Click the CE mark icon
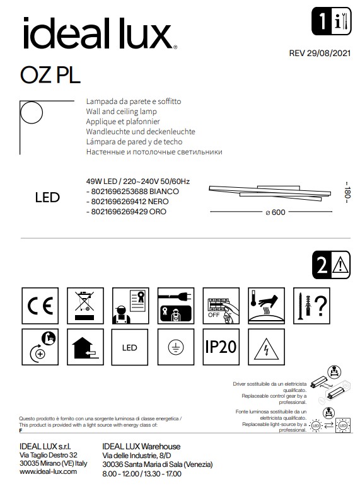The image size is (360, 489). [39, 305]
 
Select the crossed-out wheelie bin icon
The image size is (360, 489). [84, 305]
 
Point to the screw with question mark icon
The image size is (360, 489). [311, 305]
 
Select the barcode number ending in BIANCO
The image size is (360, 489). [132, 190]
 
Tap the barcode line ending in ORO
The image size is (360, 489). [127, 212]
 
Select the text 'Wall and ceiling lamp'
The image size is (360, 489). [117, 110]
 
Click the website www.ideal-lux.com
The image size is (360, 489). [48, 471]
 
